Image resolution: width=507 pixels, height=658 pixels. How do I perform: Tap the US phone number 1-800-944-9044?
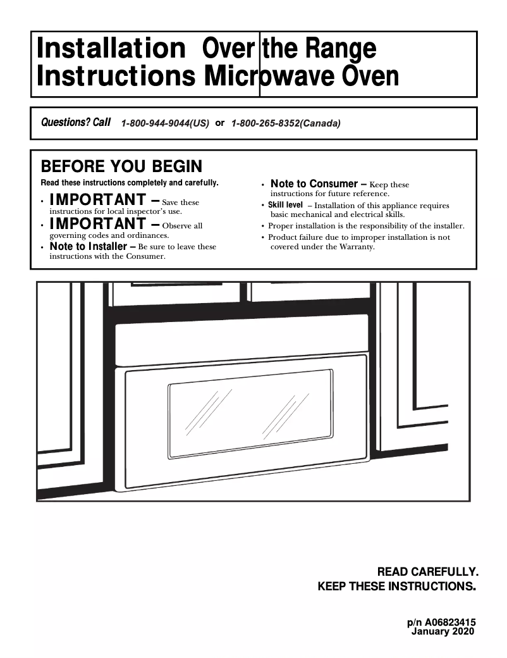[165, 124]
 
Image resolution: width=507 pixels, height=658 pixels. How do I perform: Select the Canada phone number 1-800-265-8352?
[286, 124]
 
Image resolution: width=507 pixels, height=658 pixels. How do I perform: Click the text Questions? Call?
[76, 122]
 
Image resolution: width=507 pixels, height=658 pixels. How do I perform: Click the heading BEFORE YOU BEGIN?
[121, 166]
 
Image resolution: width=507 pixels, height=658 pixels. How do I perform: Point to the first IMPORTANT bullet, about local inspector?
[97, 201]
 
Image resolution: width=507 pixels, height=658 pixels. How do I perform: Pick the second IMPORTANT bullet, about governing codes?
[97, 224]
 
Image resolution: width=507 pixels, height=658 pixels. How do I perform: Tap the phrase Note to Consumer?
[315, 183]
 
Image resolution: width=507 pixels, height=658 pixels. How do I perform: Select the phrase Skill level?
[285, 205]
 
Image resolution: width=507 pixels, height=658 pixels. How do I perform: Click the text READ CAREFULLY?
[427, 571]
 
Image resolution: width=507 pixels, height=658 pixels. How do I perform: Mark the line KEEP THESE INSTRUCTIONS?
[396, 587]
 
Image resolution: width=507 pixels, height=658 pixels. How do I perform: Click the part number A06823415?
[449, 623]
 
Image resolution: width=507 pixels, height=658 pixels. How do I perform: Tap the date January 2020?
[442, 631]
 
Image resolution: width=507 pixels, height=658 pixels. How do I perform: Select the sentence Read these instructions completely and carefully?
[130, 183]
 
